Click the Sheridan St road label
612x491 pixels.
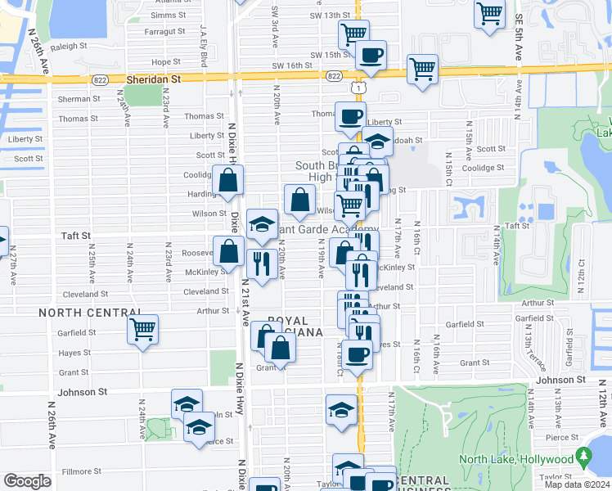tap(154, 79)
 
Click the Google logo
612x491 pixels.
tap(27, 481)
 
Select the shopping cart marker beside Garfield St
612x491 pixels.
tap(143, 330)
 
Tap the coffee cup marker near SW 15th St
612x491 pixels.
tap(371, 55)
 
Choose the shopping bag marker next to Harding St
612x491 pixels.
tap(227, 180)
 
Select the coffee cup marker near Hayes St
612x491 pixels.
tap(357, 354)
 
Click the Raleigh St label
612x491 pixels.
tap(68, 47)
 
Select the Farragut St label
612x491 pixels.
tap(164, 32)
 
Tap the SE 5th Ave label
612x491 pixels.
tap(519, 33)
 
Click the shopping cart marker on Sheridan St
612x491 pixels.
tap(422, 70)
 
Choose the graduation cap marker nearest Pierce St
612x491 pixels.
tap(198, 426)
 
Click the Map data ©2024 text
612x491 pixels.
tap(577, 484)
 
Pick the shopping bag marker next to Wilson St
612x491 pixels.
tap(300, 199)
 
